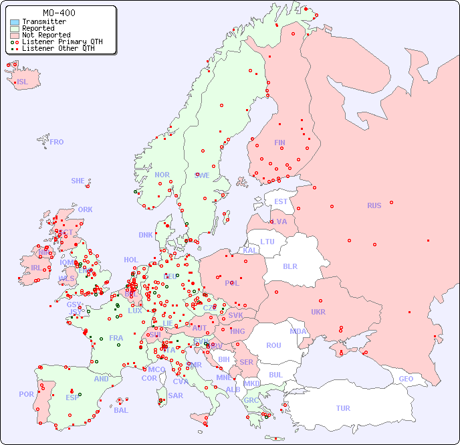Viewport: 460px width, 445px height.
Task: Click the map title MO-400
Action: (x=59, y=13)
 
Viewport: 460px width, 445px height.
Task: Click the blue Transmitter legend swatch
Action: (x=15, y=21)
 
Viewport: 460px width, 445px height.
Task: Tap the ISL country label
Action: (x=23, y=82)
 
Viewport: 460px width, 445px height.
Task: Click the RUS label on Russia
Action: (x=374, y=205)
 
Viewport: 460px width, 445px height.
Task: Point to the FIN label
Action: (x=279, y=143)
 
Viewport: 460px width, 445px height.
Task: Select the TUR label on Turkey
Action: (x=343, y=408)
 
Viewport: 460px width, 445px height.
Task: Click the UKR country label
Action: (x=318, y=312)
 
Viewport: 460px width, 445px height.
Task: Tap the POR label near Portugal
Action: (x=26, y=394)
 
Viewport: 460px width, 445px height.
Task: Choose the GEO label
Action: (x=406, y=379)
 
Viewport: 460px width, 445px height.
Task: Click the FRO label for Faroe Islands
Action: (x=57, y=142)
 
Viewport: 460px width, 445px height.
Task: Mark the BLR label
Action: (x=290, y=266)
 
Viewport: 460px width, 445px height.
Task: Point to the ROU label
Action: (x=273, y=345)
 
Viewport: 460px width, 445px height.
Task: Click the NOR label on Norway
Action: (x=162, y=175)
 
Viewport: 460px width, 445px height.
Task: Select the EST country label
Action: (x=281, y=201)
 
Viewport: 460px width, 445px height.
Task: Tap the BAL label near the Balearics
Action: (x=120, y=410)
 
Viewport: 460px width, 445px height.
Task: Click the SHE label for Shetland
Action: (x=78, y=181)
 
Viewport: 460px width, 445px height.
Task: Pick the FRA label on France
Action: (x=116, y=338)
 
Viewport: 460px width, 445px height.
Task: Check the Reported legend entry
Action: (x=38, y=28)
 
